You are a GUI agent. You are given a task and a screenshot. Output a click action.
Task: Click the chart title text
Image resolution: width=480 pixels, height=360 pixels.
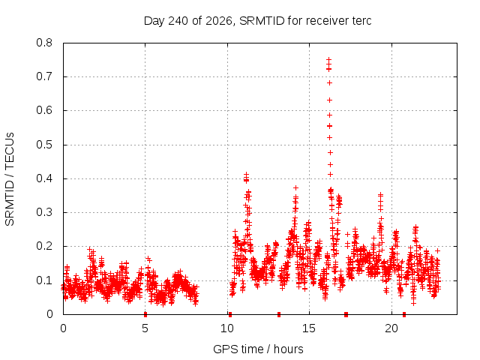[258, 21]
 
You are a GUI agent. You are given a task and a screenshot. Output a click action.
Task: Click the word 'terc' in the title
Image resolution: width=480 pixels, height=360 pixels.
[361, 21]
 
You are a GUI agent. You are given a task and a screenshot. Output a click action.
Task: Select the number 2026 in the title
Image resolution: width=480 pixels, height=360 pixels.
[218, 21]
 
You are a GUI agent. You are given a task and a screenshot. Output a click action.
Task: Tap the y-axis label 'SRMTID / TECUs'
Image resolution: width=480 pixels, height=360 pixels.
[10, 179]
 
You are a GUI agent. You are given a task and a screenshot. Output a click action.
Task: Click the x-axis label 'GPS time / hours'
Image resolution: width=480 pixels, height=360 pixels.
[258, 349]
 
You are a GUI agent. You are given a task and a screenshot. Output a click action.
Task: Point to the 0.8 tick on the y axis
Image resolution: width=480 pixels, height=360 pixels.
[44, 43]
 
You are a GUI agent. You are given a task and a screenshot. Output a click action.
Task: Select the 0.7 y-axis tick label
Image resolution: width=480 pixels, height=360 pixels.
[44, 76]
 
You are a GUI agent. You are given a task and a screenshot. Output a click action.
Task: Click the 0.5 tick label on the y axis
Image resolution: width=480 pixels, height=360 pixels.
[44, 145]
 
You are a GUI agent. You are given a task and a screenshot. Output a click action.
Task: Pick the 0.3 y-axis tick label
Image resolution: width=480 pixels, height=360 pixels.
[44, 212]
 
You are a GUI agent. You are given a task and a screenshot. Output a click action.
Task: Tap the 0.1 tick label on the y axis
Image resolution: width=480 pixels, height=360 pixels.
[44, 280]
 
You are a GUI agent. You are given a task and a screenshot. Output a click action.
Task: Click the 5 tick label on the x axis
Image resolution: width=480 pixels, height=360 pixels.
[145, 328]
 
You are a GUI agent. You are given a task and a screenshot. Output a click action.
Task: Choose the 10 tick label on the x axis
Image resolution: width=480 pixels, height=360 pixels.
[227, 328]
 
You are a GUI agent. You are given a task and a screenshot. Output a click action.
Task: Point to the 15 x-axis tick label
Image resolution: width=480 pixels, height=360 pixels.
[309, 328]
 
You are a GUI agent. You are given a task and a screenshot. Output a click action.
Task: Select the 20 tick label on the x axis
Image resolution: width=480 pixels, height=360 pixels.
[391, 328]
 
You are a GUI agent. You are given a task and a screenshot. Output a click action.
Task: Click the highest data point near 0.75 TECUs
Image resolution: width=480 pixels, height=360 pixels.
[328, 59]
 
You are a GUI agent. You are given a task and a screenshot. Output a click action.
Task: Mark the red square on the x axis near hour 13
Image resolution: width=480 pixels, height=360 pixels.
[279, 314]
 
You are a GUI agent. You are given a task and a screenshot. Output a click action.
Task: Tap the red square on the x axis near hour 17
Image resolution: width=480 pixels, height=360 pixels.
[346, 314]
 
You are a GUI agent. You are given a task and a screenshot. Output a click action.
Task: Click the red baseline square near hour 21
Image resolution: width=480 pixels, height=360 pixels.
[404, 314]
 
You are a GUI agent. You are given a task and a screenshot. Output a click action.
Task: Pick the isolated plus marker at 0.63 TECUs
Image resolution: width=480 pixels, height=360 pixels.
[330, 100]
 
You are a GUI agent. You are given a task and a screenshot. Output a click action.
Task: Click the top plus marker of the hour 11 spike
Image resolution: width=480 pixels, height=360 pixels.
[247, 175]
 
